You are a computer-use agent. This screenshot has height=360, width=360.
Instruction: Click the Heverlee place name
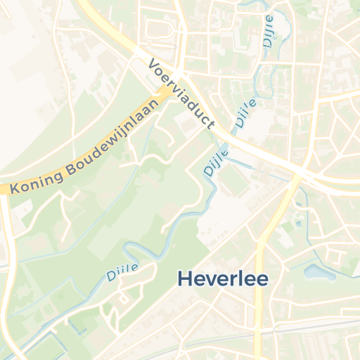point(222,278)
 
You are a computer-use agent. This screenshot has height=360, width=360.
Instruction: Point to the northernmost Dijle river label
point(269,32)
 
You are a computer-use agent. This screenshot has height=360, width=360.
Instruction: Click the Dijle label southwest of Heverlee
point(122,271)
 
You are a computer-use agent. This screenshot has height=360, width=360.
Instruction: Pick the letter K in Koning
point(15,188)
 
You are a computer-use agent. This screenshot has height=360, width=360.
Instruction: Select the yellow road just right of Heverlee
point(262,295)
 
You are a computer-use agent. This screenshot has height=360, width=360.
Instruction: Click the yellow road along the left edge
point(6,281)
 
